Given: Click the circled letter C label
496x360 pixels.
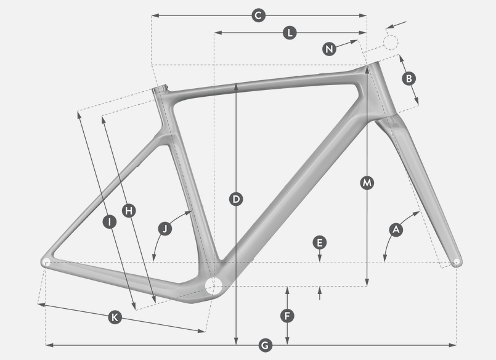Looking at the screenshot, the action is tap(258, 15).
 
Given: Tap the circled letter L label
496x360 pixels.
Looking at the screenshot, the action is tap(290, 33).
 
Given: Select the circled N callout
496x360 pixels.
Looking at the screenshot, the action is tap(329, 49).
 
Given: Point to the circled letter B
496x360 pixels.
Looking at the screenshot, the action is tap(409, 78).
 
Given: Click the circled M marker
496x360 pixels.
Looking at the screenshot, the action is tap(367, 183).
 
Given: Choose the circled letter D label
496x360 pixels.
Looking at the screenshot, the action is tap(236, 199).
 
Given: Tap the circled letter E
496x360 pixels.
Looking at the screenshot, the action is tap(320, 243).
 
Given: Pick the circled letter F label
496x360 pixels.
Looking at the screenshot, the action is tap(287, 316).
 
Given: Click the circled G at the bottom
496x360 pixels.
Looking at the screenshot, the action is tap(265, 345).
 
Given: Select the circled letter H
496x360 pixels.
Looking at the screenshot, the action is tap(129, 211).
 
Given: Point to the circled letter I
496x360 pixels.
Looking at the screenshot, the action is tap(110, 222).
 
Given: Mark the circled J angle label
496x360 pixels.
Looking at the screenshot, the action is tap(165, 229).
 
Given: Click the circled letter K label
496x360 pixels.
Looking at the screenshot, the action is tap(115, 317).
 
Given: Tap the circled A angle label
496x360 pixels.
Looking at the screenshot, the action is tap(396, 230).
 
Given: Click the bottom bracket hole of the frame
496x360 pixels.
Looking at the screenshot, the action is tap(214, 285).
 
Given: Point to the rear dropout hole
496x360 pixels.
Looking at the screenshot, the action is tap(46, 262).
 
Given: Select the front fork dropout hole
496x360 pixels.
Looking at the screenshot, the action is tap(457, 261).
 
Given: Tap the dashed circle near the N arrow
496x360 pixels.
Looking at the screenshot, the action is tap(391, 43).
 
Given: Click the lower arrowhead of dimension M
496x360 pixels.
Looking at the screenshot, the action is tap(367, 282).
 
